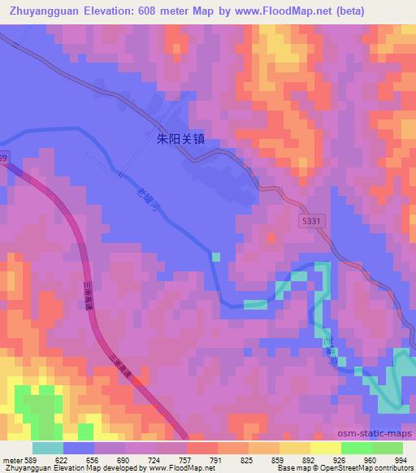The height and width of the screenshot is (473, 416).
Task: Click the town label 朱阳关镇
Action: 180,138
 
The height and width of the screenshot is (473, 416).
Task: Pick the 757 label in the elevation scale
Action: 186,459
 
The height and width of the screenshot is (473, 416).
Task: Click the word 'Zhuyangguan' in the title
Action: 42,11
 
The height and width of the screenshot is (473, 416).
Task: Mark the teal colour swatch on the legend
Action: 48,448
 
